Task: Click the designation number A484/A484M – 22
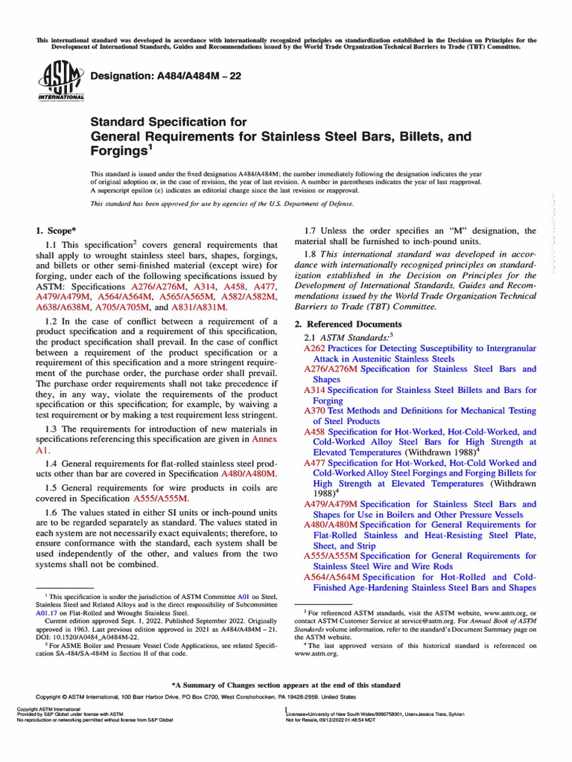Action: (x=176, y=77)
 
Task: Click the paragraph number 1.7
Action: (x=314, y=231)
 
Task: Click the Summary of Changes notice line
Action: (x=286, y=685)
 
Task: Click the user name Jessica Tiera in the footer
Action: (x=430, y=714)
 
